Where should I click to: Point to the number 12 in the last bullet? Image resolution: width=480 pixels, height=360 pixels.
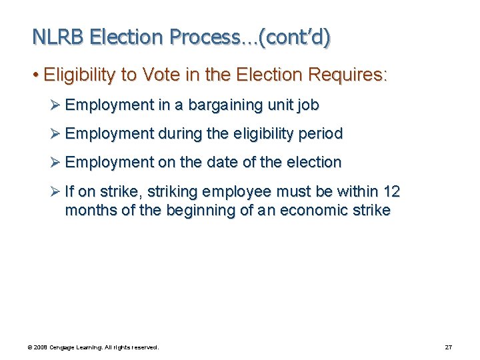tap(391, 191)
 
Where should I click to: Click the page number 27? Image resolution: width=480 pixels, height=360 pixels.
tap(449, 347)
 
